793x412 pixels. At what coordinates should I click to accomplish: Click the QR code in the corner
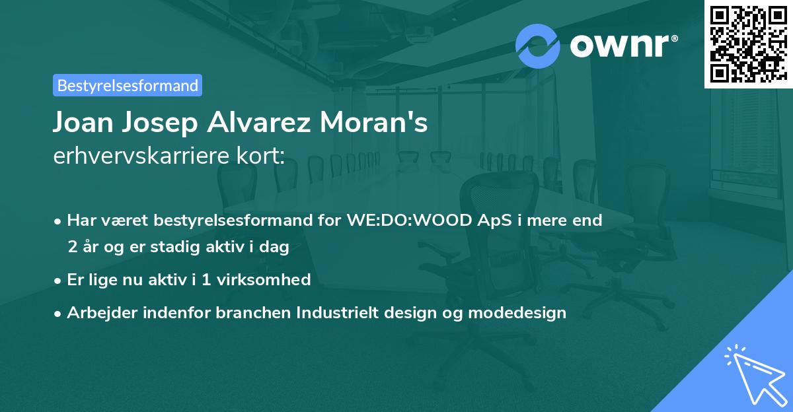tap(748, 44)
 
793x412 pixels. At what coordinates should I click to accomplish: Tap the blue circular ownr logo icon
tap(538, 45)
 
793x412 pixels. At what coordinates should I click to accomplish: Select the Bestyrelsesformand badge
tap(128, 85)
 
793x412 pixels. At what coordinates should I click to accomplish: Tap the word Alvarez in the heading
tap(271, 123)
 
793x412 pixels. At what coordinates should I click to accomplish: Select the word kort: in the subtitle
tap(263, 156)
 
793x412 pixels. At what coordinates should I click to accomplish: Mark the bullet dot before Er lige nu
tap(59, 280)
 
